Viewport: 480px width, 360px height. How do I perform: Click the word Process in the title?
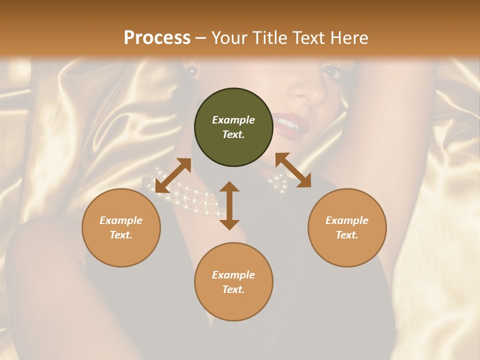[x=157, y=38]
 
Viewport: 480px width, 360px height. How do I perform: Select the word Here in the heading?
[x=348, y=38]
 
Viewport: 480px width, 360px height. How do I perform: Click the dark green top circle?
[x=233, y=127]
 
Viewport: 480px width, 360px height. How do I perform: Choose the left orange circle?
[x=121, y=227]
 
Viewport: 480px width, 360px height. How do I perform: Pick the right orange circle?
[x=347, y=227]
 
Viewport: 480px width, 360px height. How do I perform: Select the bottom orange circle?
[x=233, y=281]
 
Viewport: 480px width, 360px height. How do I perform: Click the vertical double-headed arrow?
[x=229, y=205]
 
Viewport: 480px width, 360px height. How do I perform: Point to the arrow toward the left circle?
[x=173, y=175]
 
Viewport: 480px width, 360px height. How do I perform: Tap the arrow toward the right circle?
[x=293, y=170]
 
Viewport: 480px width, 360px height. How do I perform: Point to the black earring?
[x=191, y=71]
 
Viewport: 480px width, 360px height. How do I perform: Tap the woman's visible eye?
[x=331, y=72]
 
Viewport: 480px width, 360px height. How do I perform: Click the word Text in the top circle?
[x=233, y=134]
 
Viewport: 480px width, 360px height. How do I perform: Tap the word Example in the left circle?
[x=121, y=220]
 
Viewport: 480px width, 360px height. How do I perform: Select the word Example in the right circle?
[x=347, y=220]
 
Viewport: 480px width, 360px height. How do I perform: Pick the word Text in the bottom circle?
[x=233, y=289]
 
